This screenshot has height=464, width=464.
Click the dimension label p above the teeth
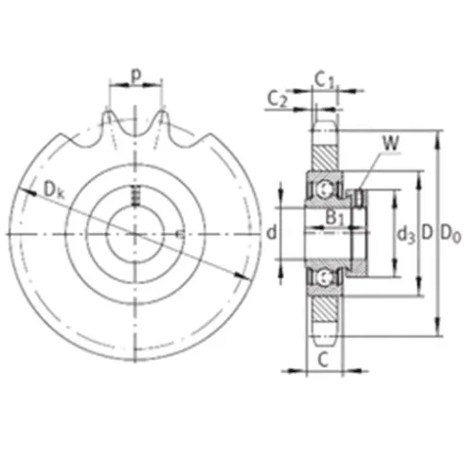click(135, 76)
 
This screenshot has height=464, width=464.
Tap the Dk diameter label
click(54, 190)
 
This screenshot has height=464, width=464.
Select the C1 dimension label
click(324, 80)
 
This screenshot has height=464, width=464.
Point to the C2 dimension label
click(277, 98)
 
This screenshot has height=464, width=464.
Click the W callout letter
click(391, 144)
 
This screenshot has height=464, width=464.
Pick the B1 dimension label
click(334, 218)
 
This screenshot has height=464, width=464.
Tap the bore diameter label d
click(272, 233)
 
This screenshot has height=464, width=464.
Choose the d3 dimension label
click(405, 235)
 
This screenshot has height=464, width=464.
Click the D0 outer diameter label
click(451, 234)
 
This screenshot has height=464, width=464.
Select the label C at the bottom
click(323, 360)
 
